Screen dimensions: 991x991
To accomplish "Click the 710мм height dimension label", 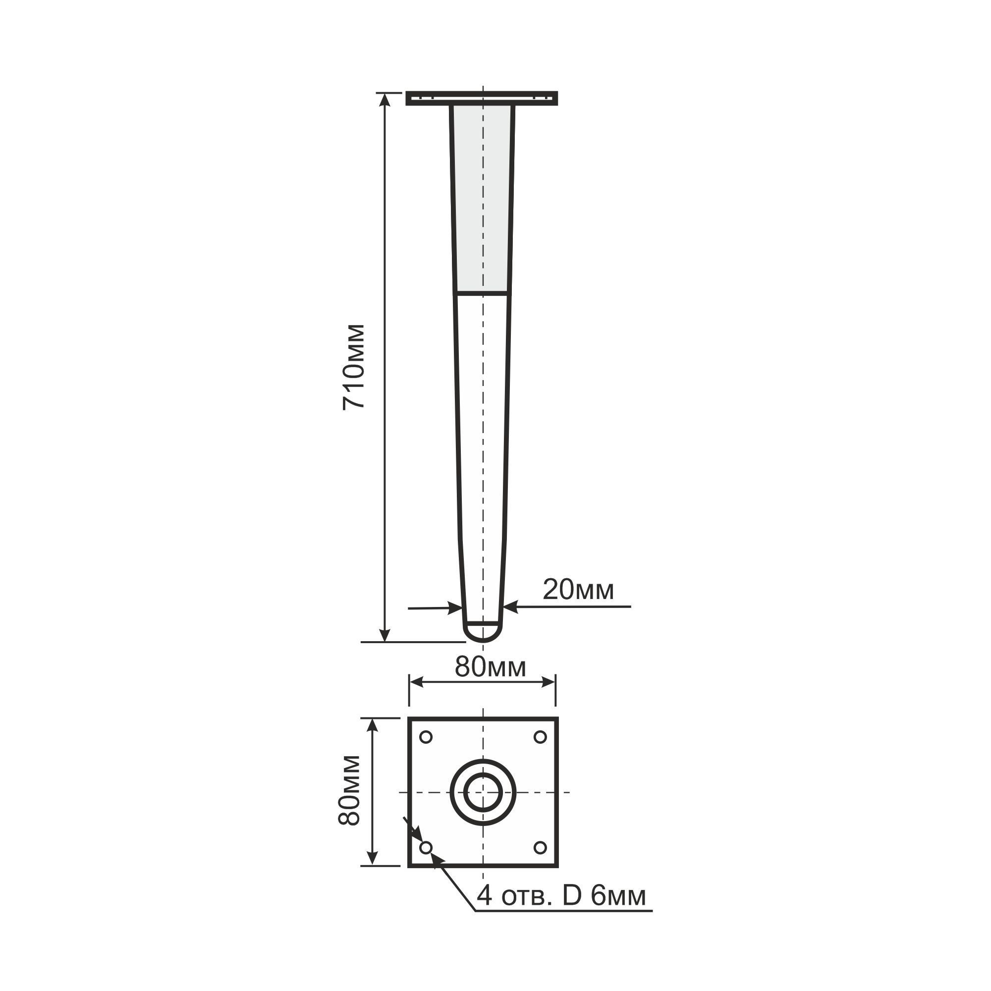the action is pyautogui.click(x=354, y=367).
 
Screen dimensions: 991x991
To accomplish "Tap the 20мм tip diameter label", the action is pyautogui.click(x=578, y=590).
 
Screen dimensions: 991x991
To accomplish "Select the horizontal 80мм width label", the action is pyautogui.click(x=491, y=667).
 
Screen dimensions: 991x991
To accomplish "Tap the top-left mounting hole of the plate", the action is pyautogui.click(x=426, y=737).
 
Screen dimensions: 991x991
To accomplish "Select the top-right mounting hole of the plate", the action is pyautogui.click(x=540, y=737).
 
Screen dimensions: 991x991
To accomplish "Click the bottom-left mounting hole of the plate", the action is pyautogui.click(x=426, y=847).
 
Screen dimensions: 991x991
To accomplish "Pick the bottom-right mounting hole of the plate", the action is pyautogui.click(x=540, y=847).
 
